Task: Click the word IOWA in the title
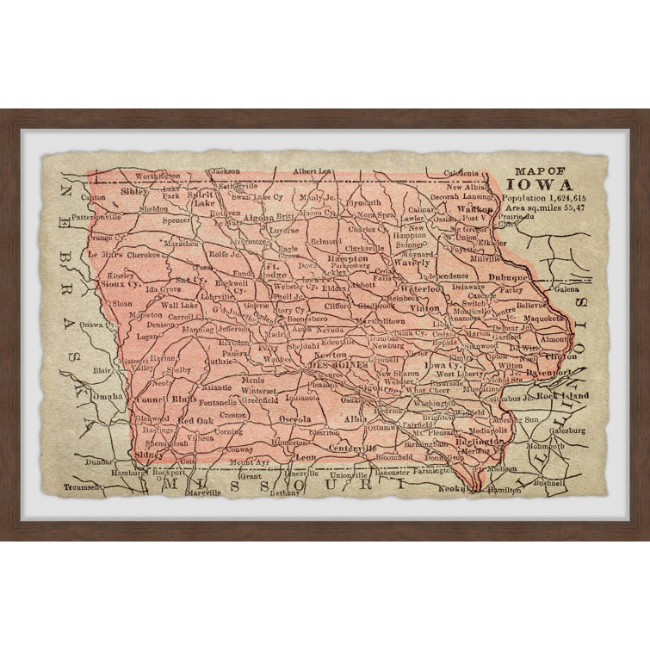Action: pos(552,184)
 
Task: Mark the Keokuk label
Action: pos(456,488)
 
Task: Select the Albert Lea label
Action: pos(312,171)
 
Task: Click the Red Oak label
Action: pos(195,420)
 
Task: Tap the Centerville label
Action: pos(352,449)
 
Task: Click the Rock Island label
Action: pos(560,396)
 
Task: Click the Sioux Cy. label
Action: pos(120,282)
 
